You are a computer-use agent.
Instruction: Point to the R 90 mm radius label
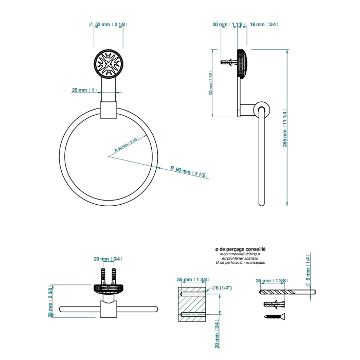pos(188,171)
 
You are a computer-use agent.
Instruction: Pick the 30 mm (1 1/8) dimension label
pos(227,24)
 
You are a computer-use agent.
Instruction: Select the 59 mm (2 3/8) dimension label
pos(50,300)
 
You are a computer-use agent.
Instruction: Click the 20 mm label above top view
pos(107,259)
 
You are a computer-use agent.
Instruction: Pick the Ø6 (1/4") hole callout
pos(222,287)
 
